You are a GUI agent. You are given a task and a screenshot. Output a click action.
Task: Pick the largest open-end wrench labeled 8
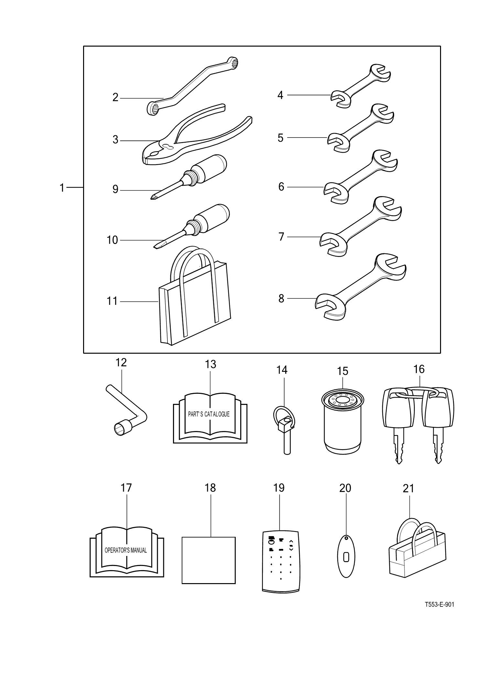pos(359,285)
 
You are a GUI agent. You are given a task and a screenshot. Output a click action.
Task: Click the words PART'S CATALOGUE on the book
pos(209,414)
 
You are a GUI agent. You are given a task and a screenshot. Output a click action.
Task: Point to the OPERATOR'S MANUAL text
pos(126,550)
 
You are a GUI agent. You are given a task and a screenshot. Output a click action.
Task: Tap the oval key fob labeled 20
pos(346,557)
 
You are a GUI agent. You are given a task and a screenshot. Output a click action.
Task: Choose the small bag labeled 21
pos(417,557)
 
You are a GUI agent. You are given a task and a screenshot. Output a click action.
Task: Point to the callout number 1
pos(62,188)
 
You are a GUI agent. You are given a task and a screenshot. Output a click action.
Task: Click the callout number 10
pos(112,240)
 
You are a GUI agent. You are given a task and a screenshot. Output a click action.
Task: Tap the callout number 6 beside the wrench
pos(281,187)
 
